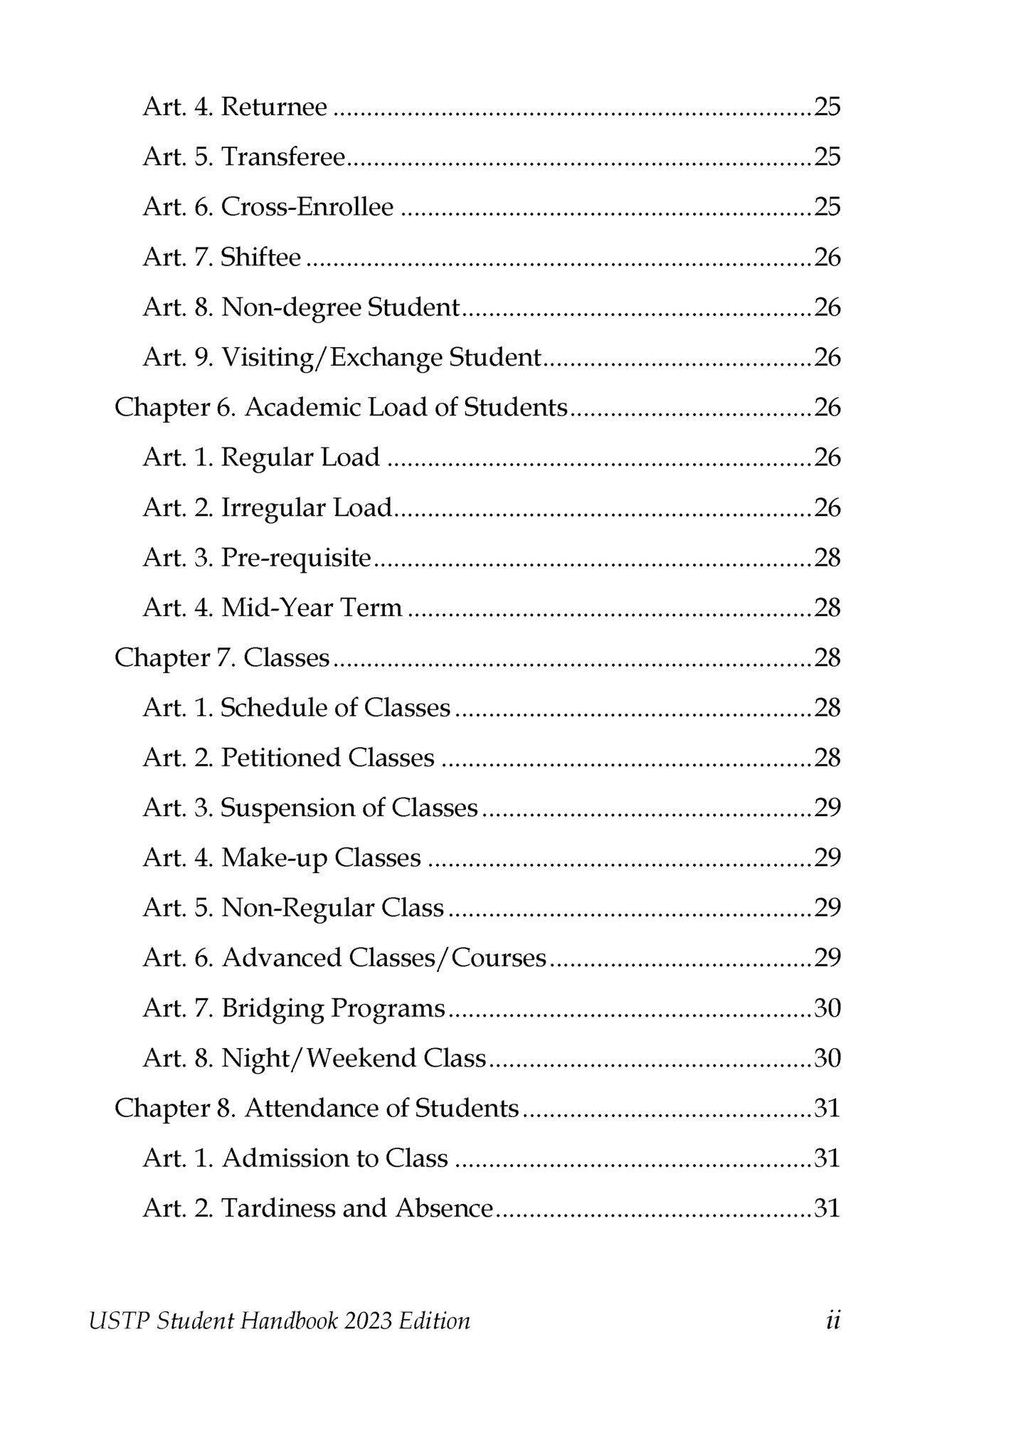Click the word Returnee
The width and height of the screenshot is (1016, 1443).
pyautogui.click(x=274, y=107)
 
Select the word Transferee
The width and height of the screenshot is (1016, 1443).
pyautogui.click(x=283, y=157)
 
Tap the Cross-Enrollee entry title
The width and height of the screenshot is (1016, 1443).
pyautogui.click(x=307, y=207)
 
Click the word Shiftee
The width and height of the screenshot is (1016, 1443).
pyautogui.click(x=260, y=258)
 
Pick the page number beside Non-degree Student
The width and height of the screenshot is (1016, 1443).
pyautogui.click(x=827, y=307)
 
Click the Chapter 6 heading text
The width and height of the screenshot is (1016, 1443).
pyautogui.click(x=341, y=408)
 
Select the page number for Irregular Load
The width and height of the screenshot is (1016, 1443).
pyautogui.click(x=827, y=508)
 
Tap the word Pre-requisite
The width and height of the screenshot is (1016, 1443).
pyautogui.click(x=296, y=559)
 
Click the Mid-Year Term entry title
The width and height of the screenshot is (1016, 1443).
pyautogui.click(x=312, y=608)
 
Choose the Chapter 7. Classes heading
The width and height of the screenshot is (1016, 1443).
pyautogui.click(x=222, y=658)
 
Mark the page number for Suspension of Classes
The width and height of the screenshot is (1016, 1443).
pyautogui.click(x=827, y=808)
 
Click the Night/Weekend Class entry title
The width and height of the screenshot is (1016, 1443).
pyautogui.click(x=353, y=1059)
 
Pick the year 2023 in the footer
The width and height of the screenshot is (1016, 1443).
pyautogui.click(x=367, y=1321)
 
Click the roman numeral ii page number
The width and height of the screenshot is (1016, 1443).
pyautogui.click(x=833, y=1321)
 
